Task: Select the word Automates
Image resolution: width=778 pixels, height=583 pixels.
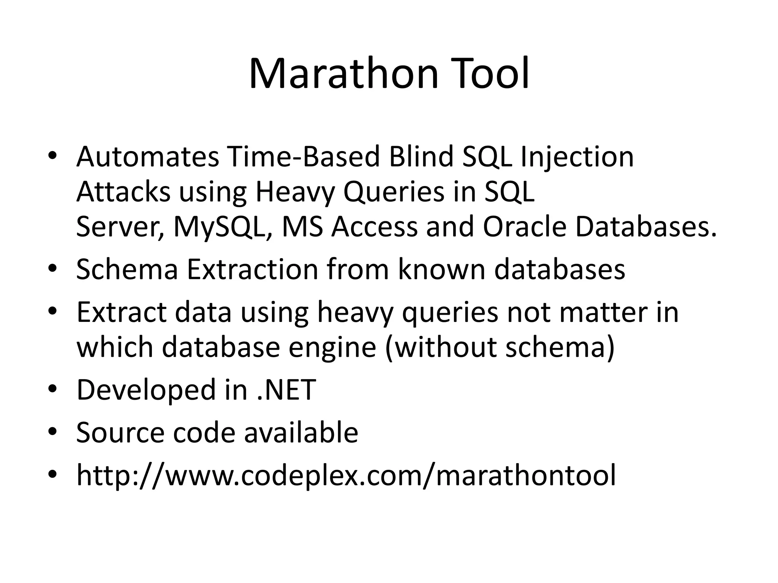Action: coord(147,157)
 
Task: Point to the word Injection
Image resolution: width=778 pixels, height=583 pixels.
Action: coord(577,157)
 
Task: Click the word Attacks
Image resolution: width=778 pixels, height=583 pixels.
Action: coord(123,192)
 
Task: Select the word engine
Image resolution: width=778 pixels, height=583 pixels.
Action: coord(332,347)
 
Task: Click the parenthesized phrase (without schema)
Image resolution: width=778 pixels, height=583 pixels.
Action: coord(500,347)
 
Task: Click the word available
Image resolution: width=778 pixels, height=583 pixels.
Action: coord(301,432)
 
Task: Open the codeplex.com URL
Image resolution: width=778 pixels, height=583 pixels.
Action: coord(346,475)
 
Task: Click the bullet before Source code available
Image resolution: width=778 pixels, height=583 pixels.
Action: coord(53,432)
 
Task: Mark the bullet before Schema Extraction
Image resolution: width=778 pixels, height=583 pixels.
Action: coord(53,269)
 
